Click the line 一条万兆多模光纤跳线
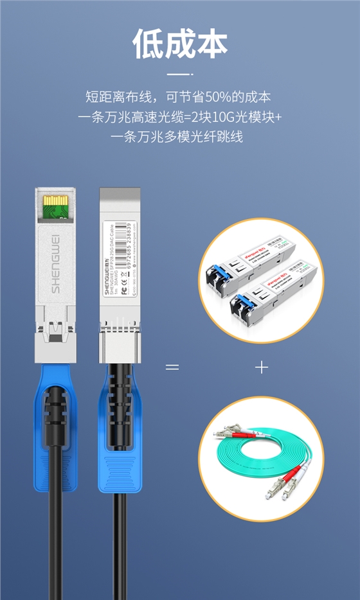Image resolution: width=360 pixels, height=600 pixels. tap(180, 137)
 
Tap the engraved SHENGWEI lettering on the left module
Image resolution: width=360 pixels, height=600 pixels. tap(55, 263)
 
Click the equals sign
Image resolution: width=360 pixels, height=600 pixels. tap(172, 367)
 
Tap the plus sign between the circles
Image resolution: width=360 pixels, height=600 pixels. tap(261, 367)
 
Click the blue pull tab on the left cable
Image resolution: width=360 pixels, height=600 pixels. tap(55, 437)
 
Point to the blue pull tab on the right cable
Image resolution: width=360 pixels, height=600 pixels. tap(120, 437)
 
